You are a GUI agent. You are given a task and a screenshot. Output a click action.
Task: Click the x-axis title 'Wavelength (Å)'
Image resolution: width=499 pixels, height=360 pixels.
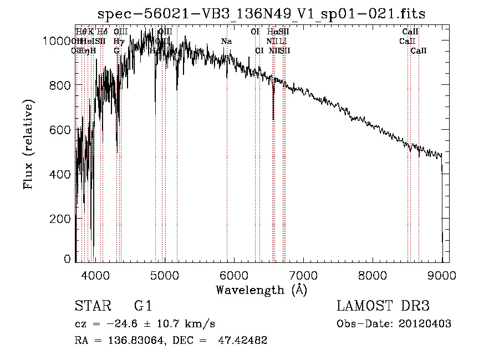click(261, 290)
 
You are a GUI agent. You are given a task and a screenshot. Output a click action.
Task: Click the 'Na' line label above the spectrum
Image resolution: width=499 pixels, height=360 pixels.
click(226, 42)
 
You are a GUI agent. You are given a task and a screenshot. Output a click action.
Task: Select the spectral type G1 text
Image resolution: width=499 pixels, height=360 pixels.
click(143, 307)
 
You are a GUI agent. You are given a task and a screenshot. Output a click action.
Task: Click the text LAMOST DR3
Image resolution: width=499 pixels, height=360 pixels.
click(383, 307)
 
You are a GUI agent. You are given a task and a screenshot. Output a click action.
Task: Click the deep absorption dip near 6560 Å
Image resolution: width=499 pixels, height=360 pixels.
click(273, 111)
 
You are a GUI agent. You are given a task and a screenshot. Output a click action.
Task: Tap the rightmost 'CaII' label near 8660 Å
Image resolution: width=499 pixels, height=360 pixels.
click(419, 51)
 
